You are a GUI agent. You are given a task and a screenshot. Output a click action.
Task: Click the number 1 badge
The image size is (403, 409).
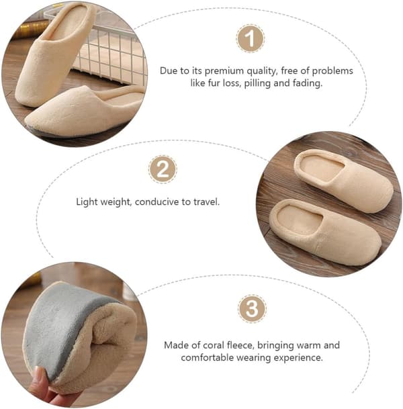click(251, 38)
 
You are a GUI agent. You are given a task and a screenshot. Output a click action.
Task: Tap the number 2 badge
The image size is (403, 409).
click(163, 169)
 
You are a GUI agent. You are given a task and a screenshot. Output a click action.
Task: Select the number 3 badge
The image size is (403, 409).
click(252, 308)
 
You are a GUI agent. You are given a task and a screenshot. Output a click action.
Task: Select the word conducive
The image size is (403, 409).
click(156, 201)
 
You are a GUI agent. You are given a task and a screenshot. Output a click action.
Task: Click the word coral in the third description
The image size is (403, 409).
click(214, 345)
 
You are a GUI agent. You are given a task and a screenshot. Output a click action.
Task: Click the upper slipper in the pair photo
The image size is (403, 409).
click(343, 181)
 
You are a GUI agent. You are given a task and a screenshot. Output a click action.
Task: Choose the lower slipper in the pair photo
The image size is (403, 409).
click(325, 232)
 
